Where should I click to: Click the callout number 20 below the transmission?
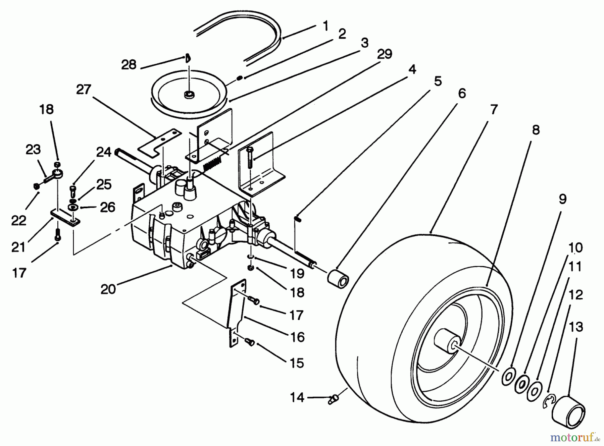pyautogui.click(x=108, y=289)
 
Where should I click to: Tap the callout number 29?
pyautogui.click(x=384, y=54)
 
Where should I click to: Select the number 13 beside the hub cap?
pyautogui.click(x=576, y=326)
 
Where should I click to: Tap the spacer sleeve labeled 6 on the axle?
pyautogui.click(x=338, y=277)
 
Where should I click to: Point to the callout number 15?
pyautogui.click(x=296, y=363)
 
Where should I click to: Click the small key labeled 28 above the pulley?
pyautogui.click(x=188, y=58)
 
